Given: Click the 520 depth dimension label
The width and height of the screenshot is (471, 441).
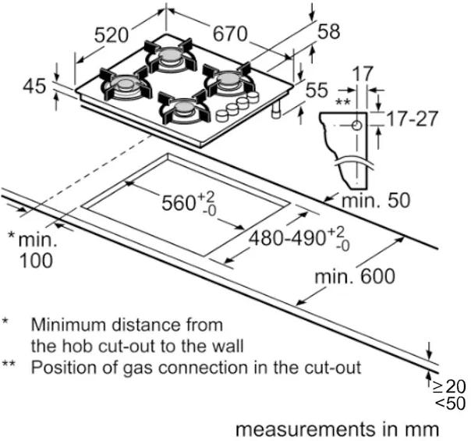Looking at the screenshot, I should pyautogui.click(x=110, y=35).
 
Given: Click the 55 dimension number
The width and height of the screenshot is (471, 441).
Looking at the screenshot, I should pyautogui.click(x=317, y=91).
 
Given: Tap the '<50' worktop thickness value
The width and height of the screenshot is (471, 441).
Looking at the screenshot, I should pyautogui.click(x=452, y=404).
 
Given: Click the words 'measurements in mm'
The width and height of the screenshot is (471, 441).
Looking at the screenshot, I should pyautogui.click(x=337, y=429).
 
